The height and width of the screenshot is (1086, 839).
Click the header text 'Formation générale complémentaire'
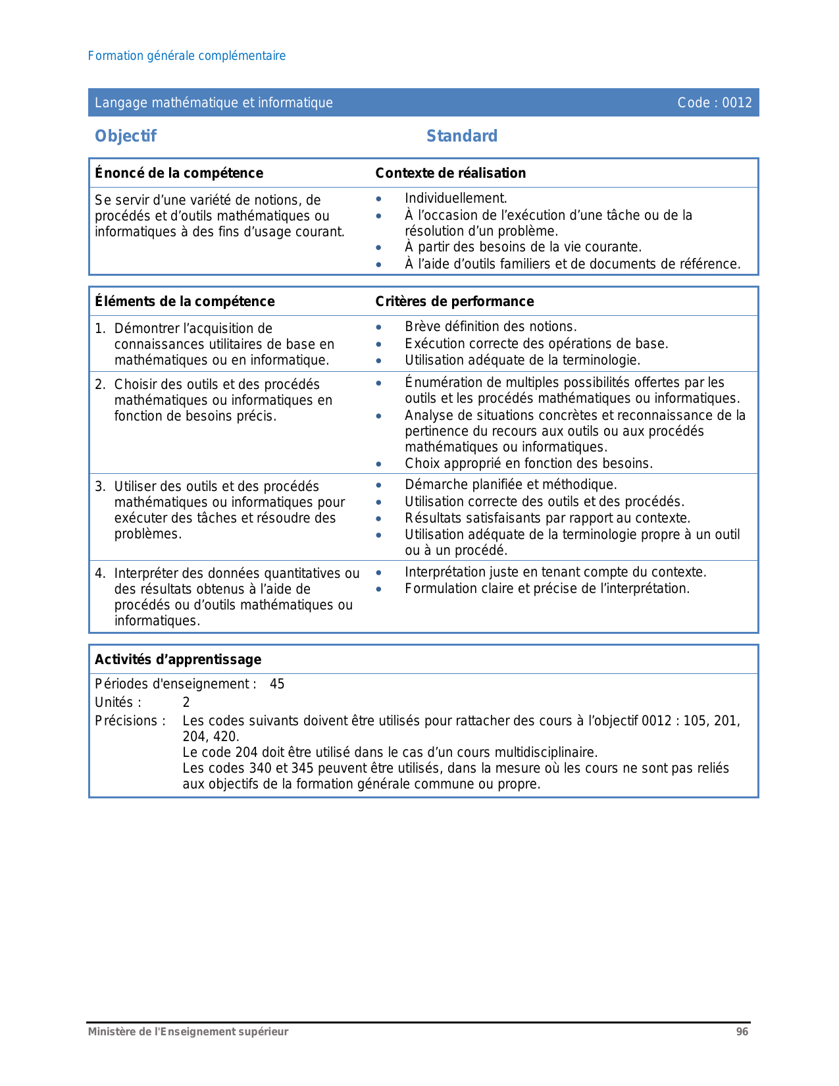pyautogui.click(x=187, y=56)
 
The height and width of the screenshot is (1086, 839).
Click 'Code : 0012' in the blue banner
pyautogui.click(x=715, y=103)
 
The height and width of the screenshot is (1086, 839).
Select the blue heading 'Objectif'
pyautogui.click(x=126, y=136)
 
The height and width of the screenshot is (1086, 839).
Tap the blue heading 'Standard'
pyautogui.click(x=462, y=136)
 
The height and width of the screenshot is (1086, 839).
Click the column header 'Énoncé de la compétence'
pyautogui.click(x=179, y=173)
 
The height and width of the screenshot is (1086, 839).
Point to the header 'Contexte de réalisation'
pyautogui.click(x=451, y=173)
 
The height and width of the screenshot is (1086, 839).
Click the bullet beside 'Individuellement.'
pyautogui.click(x=378, y=199)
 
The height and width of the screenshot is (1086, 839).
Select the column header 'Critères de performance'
pyautogui.click(x=455, y=301)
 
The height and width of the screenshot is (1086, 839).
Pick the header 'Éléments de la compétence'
pyautogui.click(x=185, y=301)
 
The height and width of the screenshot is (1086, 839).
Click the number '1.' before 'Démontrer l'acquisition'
pyautogui.click(x=100, y=328)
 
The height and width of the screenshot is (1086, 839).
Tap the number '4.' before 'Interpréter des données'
pyautogui.click(x=100, y=573)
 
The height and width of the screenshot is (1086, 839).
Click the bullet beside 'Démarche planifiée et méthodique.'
pyautogui.click(x=378, y=485)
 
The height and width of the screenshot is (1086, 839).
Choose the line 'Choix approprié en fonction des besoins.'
pyautogui.click(x=529, y=463)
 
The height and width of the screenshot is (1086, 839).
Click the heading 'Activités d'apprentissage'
pyautogui.click(x=178, y=659)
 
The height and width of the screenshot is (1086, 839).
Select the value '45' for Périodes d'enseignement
pyautogui.click(x=277, y=684)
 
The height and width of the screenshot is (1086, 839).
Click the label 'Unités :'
pyautogui.click(x=118, y=702)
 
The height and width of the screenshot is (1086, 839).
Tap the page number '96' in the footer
pyautogui.click(x=742, y=1032)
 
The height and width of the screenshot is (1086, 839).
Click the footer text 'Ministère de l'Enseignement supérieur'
pyautogui.click(x=188, y=1032)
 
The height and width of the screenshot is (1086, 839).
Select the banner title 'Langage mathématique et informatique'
pyautogui.click(x=214, y=103)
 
